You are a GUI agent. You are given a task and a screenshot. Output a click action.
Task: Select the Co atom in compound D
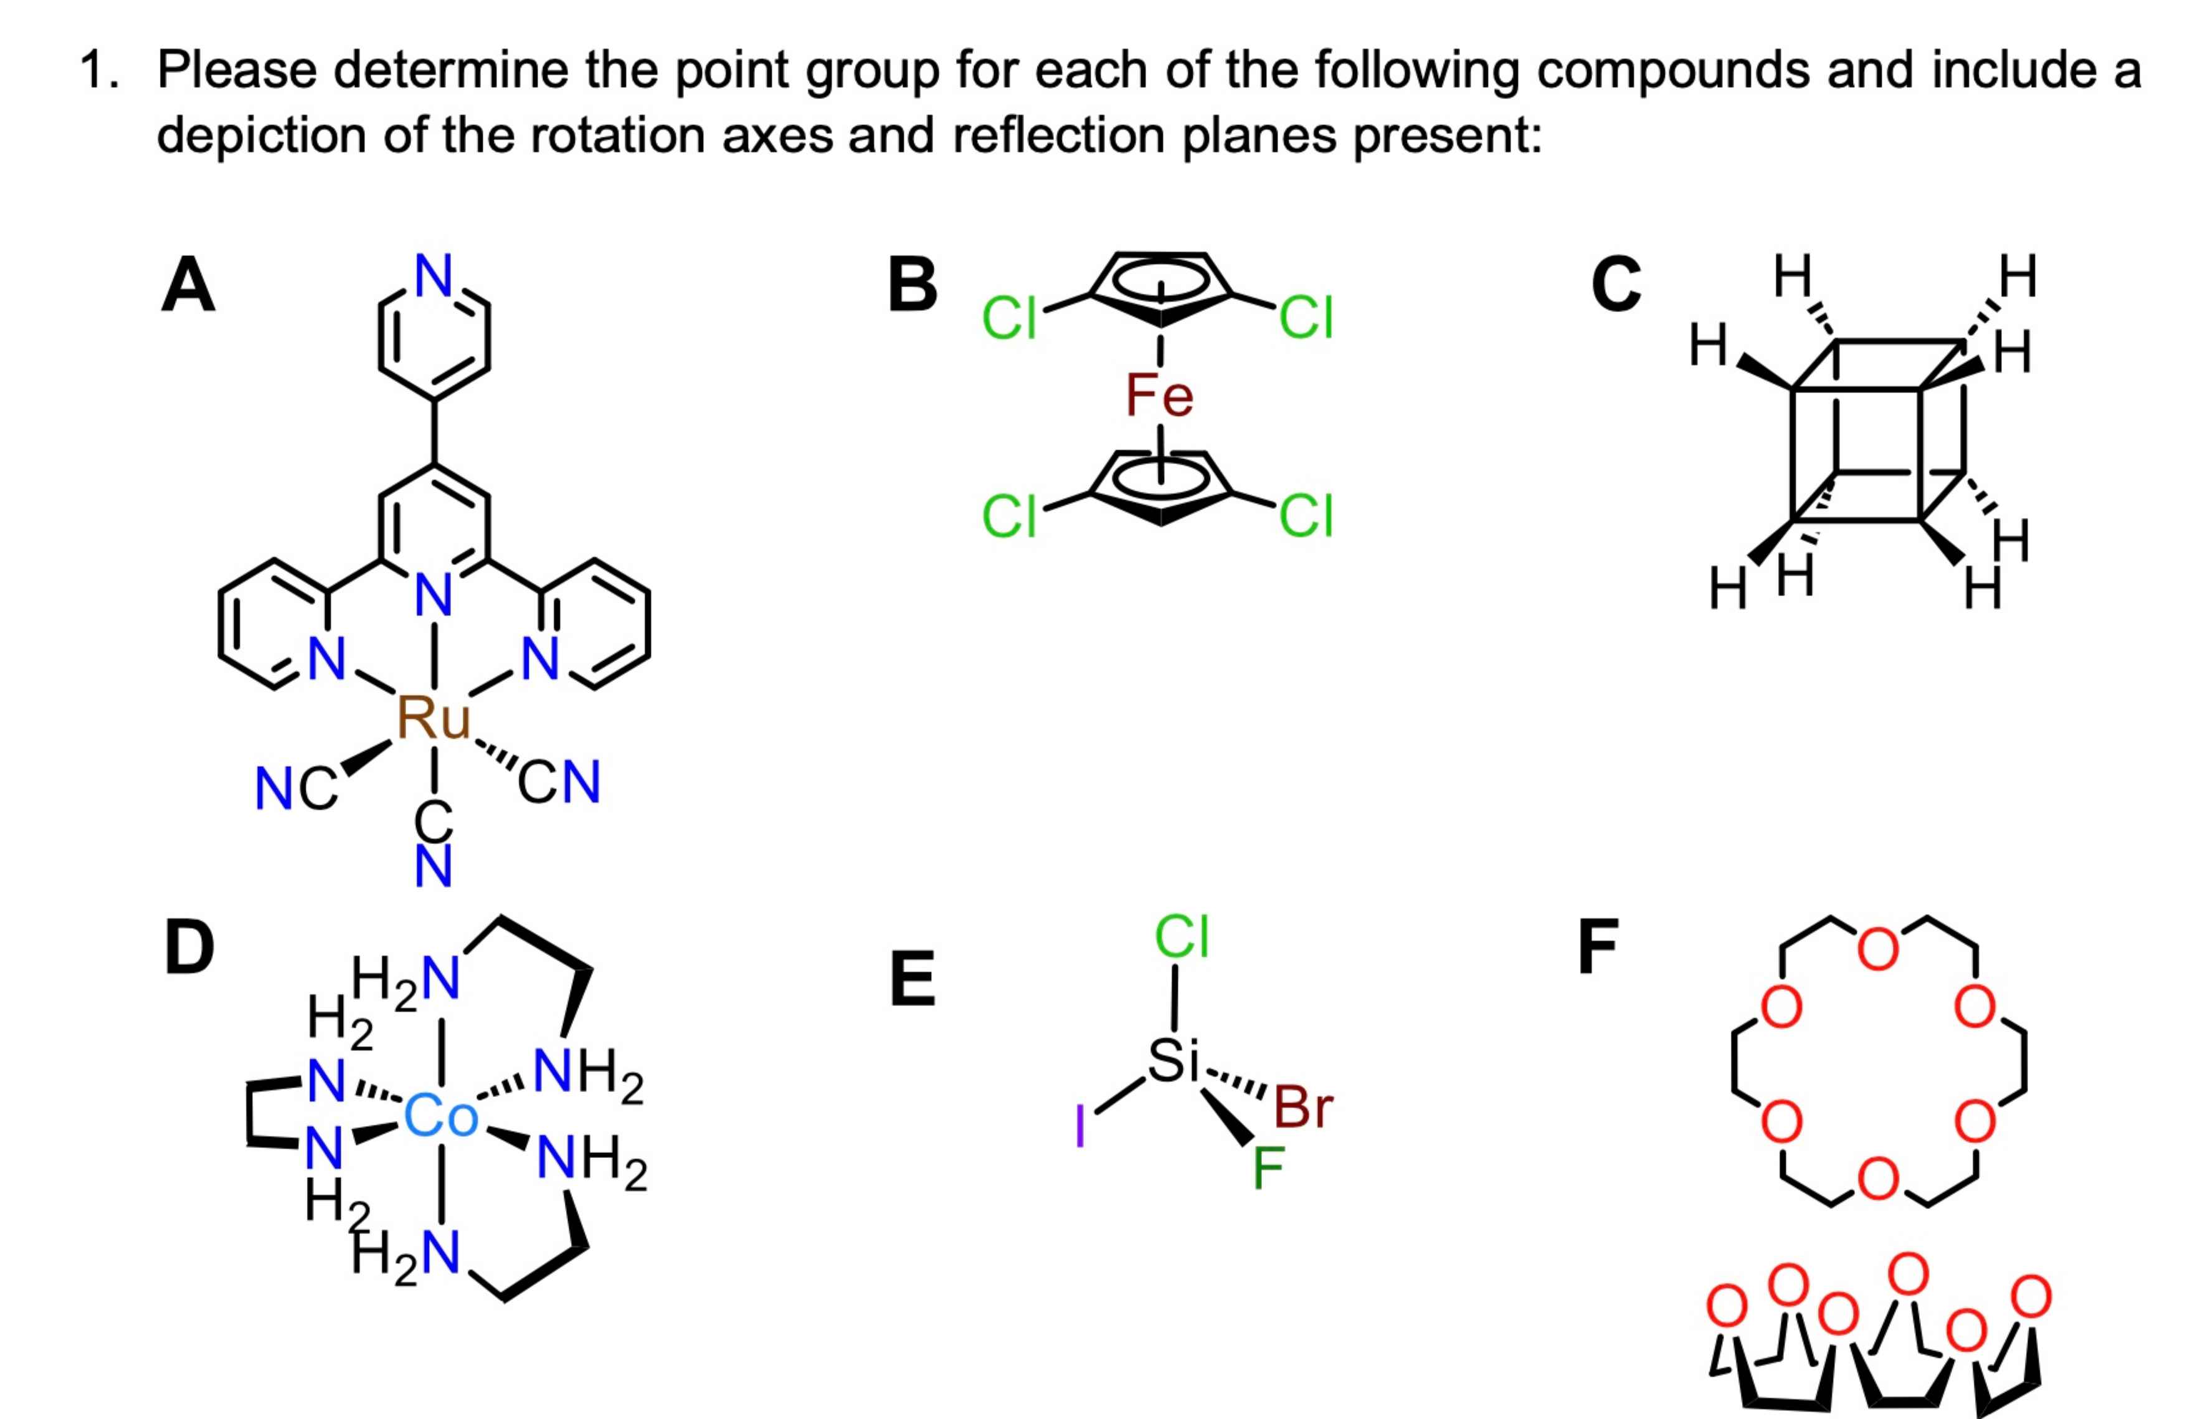click(440, 1116)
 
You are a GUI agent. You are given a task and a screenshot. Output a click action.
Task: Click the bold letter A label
click(188, 286)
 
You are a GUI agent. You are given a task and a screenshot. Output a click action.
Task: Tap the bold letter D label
click(189, 947)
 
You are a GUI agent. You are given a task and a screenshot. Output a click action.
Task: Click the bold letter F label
click(1598, 947)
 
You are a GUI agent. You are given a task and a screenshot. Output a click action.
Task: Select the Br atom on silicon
click(1302, 1107)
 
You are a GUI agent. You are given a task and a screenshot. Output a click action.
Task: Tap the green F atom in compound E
click(1268, 1167)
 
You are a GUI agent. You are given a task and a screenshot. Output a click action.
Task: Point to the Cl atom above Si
click(1181, 936)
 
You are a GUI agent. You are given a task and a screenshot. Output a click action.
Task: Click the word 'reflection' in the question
click(1056, 135)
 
